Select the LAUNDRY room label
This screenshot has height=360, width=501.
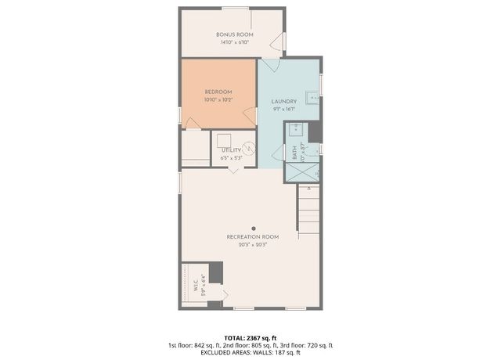(283, 102)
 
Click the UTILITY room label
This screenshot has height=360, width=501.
(230, 149)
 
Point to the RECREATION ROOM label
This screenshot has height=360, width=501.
(252, 236)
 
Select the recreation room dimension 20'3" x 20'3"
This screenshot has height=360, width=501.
(252, 244)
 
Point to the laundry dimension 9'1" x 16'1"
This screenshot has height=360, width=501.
(283, 110)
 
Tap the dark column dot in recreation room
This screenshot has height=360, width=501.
(253, 229)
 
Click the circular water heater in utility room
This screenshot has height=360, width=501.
(248, 146)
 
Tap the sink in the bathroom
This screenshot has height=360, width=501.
(299, 129)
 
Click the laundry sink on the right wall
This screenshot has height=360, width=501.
(311, 98)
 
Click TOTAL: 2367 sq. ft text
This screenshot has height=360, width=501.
(250, 337)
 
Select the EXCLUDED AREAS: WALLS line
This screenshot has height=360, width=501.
(250, 352)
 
